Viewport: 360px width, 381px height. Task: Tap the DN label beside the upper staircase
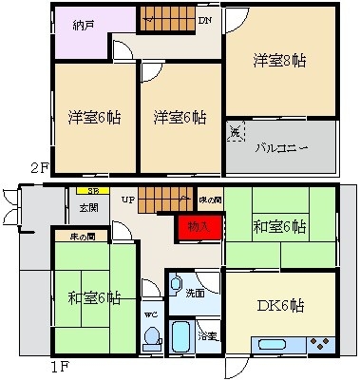[204, 20]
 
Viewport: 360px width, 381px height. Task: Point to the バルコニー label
[277, 147]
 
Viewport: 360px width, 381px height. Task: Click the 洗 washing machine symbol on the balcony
[236, 133]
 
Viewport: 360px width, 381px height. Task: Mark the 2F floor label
[38, 168]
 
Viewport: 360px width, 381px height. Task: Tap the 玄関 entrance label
[88, 207]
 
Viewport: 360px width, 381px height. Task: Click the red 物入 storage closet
[198, 229]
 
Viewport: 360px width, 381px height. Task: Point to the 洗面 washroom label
[195, 294]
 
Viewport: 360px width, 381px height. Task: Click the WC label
[149, 312]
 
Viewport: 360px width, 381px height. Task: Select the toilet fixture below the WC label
[150, 336]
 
